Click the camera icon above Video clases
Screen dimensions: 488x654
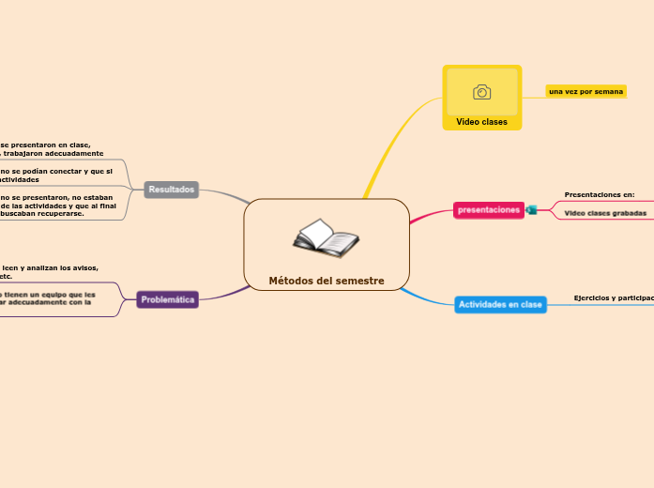point(481,91)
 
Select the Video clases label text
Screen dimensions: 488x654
point(481,122)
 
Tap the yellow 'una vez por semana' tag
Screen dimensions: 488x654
point(586,91)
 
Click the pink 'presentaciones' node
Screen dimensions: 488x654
point(489,210)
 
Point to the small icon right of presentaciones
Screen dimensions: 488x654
point(531,210)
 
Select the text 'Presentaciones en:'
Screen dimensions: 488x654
point(599,194)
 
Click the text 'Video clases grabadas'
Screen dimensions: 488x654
point(604,213)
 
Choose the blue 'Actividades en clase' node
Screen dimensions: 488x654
point(500,304)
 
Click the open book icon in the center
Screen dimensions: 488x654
point(326,238)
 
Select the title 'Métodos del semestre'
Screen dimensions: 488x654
point(327,281)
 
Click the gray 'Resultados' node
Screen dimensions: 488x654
point(172,190)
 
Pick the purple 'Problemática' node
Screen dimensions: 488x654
point(168,299)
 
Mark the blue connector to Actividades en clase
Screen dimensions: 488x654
point(427,299)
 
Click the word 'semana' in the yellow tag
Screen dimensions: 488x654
point(609,91)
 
